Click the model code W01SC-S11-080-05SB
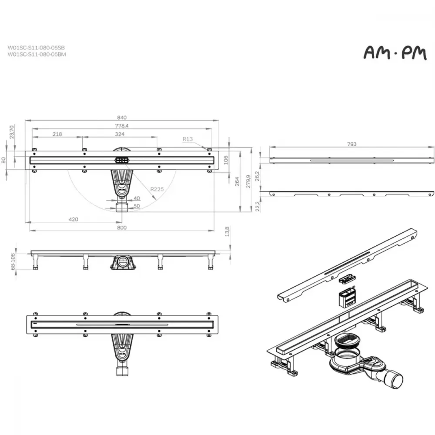coord(36,48)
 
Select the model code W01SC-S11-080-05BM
coord(37,54)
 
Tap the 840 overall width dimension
coord(122,117)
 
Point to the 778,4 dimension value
coord(122,126)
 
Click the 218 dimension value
coord(57,134)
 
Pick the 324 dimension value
coord(120,134)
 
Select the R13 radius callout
coord(187,139)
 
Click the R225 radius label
coord(157,189)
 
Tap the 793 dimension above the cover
coord(352,144)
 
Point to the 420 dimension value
coord(73,219)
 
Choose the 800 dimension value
coord(122,228)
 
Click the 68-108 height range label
coord(13,261)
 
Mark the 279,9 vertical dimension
coord(248,181)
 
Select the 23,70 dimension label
coord(12,132)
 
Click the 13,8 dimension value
coord(227,231)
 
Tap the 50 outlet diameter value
coord(137,206)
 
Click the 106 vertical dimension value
coord(226,160)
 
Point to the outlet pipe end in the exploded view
coord(395,381)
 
